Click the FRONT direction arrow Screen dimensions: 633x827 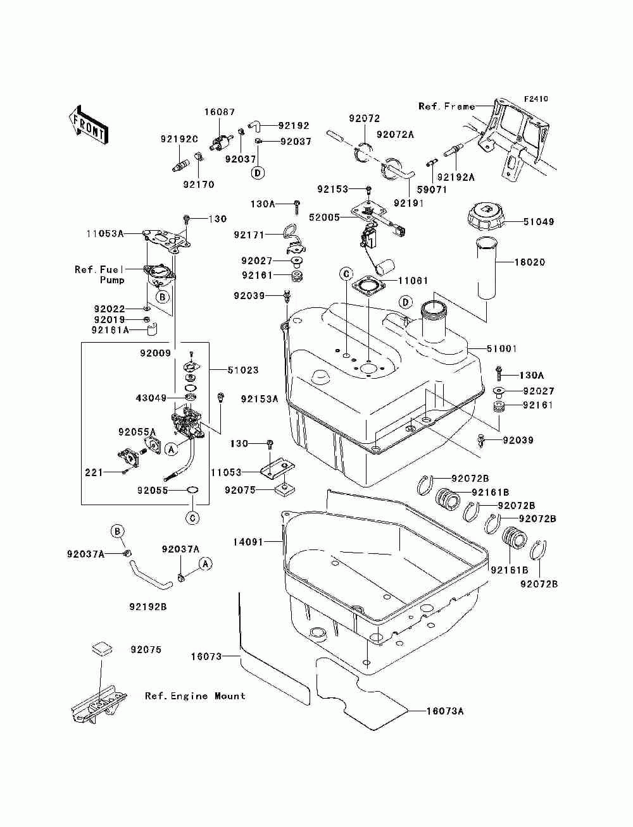[x=88, y=125]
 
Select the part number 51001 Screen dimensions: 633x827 [x=502, y=348]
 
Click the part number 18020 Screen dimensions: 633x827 [x=530, y=262]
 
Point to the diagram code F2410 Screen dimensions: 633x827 [x=536, y=99]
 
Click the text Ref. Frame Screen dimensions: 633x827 [x=447, y=107]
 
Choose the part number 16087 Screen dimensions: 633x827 [x=220, y=112]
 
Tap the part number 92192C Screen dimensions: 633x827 [x=179, y=139]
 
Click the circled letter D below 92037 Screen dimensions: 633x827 [x=258, y=173]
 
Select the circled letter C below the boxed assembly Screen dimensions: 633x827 [x=192, y=518]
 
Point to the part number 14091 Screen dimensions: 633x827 [x=248, y=542]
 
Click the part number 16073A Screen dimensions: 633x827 [x=445, y=711]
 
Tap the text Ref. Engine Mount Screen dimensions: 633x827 [x=195, y=696]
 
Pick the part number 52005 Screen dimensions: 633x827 [x=325, y=217]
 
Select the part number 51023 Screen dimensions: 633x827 [x=243, y=370]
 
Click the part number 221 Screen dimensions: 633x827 [x=94, y=472]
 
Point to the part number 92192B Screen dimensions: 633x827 [x=148, y=607]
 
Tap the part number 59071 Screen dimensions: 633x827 [x=432, y=190]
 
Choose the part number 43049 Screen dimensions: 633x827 [x=151, y=398]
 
